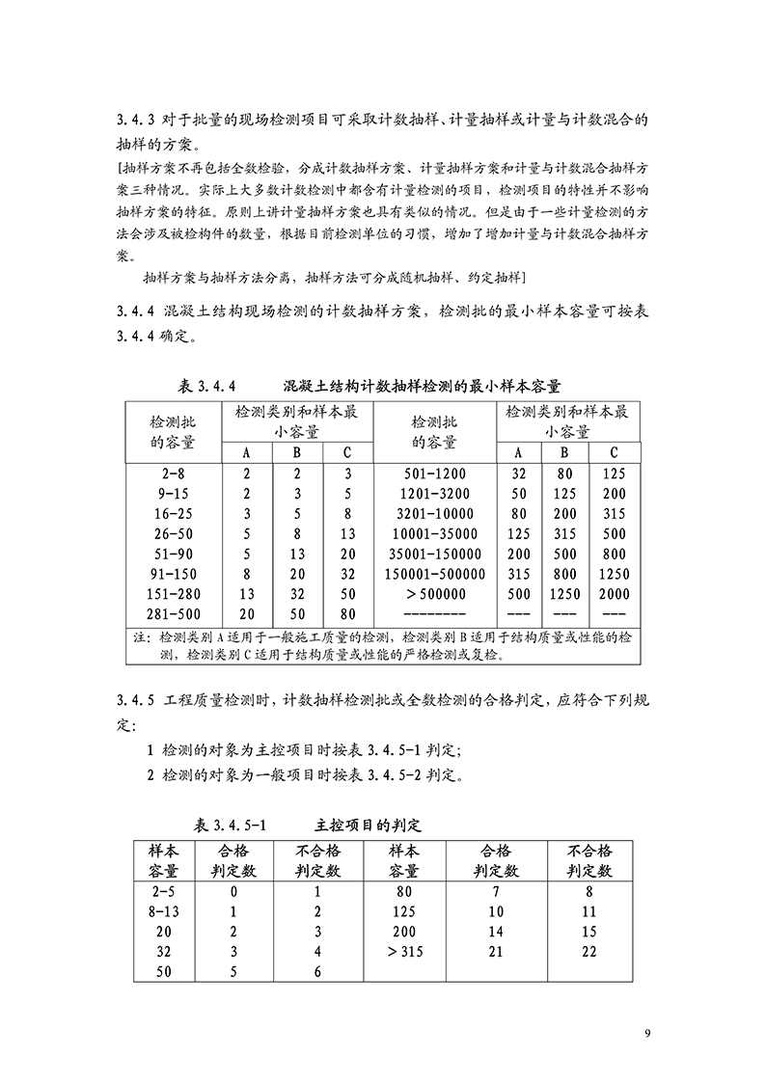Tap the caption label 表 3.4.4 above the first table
(208, 387)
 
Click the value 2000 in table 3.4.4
(614, 594)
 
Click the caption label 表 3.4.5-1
(235, 826)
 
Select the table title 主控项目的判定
(368, 826)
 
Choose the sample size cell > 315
(403, 952)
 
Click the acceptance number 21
(496, 952)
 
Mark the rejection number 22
(590, 952)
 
